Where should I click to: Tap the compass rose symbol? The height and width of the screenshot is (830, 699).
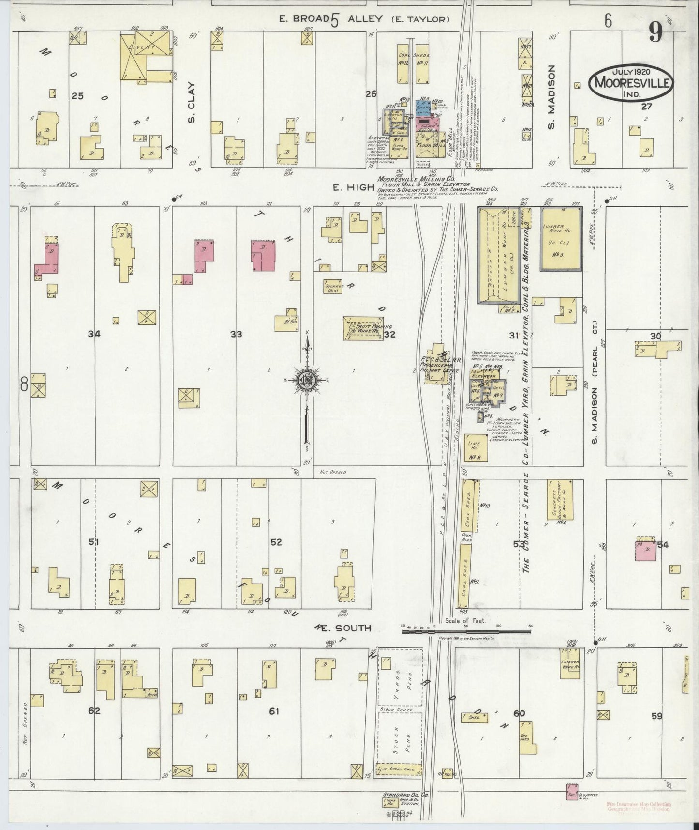306,380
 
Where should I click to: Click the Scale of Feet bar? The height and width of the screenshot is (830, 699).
466,631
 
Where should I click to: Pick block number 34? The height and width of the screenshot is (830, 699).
94,334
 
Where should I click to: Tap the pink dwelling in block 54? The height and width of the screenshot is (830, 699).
645,551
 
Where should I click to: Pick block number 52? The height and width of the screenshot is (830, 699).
276,542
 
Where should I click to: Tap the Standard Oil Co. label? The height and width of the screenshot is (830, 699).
400,795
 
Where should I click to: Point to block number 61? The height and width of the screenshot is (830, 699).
274,711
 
